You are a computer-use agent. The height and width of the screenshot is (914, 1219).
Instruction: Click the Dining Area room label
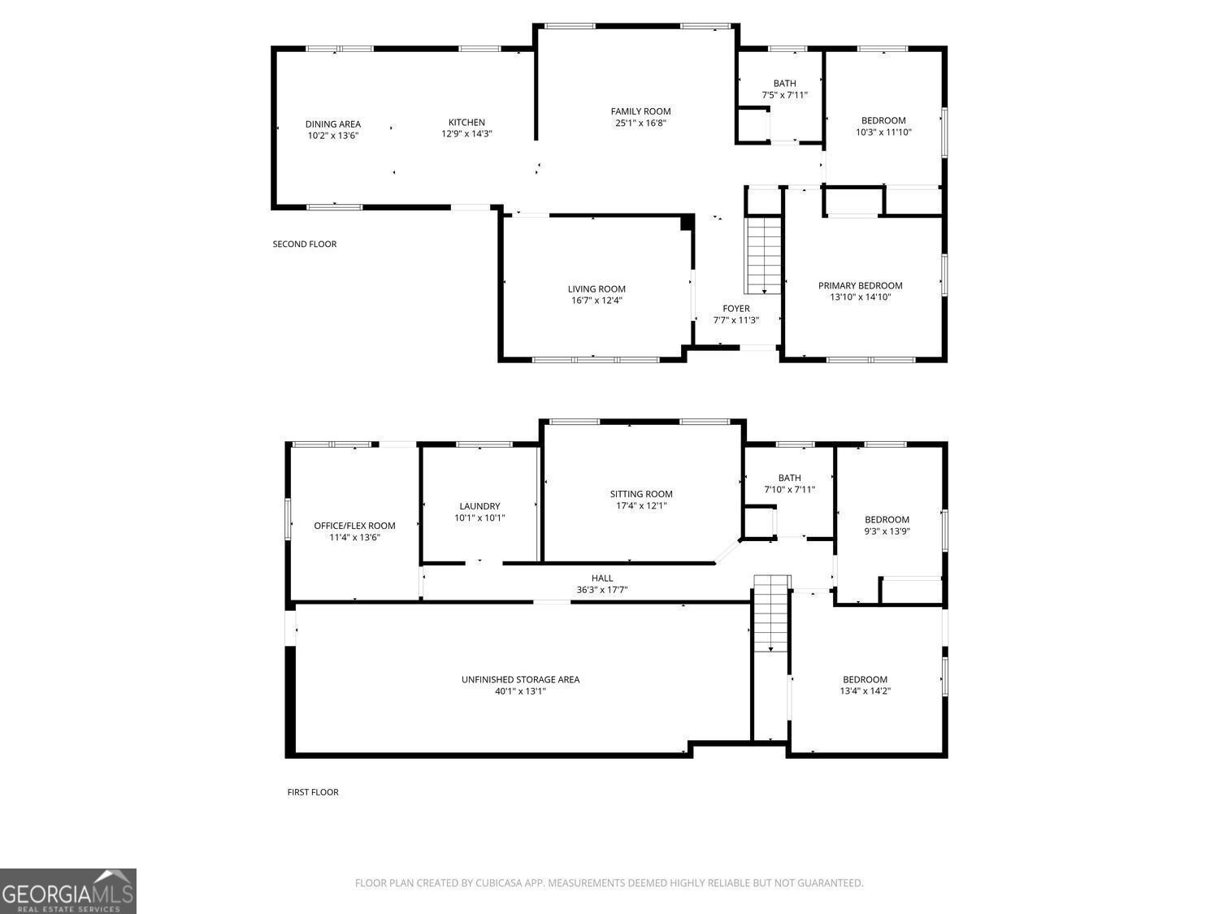pyautogui.click(x=332, y=124)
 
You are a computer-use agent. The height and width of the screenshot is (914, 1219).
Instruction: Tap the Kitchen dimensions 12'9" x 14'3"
pyautogui.click(x=466, y=134)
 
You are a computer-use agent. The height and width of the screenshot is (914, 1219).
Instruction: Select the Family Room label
pyautogui.click(x=640, y=111)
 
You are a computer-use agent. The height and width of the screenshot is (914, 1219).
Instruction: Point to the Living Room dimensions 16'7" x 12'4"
pyautogui.click(x=596, y=301)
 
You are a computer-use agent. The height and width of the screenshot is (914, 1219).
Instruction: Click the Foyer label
pyautogui.click(x=736, y=309)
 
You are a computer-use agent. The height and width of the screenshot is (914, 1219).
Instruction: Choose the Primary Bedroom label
pyautogui.click(x=860, y=286)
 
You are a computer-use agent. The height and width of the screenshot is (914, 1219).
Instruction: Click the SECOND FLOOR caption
pyautogui.click(x=304, y=244)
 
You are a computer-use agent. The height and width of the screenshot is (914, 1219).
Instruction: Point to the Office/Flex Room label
pyautogui.click(x=354, y=526)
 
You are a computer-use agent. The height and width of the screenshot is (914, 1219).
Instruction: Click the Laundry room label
pyautogui.click(x=479, y=506)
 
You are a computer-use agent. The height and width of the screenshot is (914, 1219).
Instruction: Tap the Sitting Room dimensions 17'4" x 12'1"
pyautogui.click(x=641, y=505)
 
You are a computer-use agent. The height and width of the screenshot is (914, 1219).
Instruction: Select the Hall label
pyautogui.click(x=602, y=578)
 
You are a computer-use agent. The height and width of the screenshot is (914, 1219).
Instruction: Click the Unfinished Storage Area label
pyautogui.click(x=520, y=679)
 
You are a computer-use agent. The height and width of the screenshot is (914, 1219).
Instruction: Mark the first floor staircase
pyautogui.click(x=772, y=613)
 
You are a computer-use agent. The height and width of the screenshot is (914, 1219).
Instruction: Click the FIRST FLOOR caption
pyautogui.click(x=313, y=792)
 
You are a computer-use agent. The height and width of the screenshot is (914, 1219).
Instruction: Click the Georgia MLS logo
pyautogui.click(x=68, y=891)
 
